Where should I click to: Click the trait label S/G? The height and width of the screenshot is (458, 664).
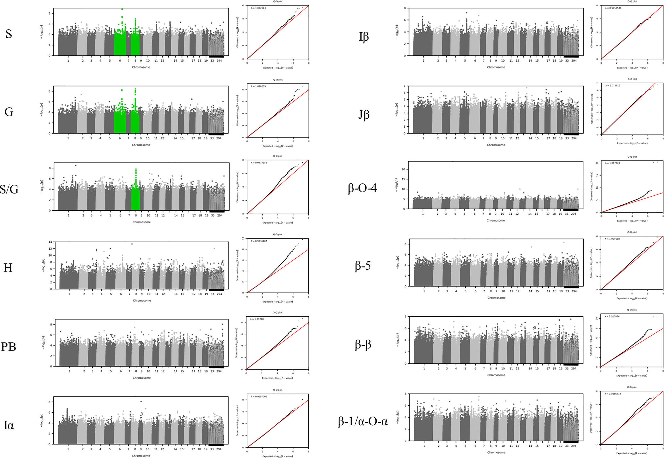(x=9, y=189)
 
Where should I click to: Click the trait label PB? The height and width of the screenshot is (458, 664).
(x=8, y=347)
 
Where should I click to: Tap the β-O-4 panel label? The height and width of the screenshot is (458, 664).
(x=362, y=188)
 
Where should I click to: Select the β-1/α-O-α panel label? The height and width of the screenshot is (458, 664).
(x=363, y=421)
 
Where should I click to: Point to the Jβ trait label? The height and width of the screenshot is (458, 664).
(x=364, y=115)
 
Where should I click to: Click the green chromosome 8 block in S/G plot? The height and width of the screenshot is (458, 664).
(x=135, y=198)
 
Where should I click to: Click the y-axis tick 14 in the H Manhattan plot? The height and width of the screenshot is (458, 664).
(x=50, y=242)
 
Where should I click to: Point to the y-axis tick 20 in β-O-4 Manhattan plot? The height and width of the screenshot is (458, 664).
(x=403, y=169)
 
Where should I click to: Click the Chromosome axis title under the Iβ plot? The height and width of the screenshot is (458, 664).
(x=496, y=67)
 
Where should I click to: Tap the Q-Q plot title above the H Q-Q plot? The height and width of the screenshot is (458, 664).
(x=278, y=235)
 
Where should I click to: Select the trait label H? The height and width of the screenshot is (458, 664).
(x=8, y=268)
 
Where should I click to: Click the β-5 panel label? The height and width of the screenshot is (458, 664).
(x=363, y=266)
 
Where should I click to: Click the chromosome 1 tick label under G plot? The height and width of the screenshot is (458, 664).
(x=68, y=138)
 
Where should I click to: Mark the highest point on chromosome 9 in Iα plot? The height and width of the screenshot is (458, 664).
(x=141, y=401)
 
